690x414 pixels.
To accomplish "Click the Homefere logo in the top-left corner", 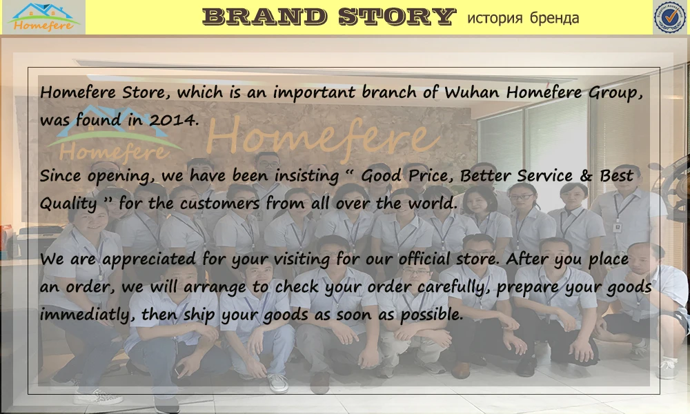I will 43,17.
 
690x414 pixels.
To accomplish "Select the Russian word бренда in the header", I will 554,18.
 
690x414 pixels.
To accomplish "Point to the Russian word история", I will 495,18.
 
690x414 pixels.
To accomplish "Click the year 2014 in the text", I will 174,119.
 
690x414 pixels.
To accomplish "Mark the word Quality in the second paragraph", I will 68,204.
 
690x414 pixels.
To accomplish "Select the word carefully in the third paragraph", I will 460,288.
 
